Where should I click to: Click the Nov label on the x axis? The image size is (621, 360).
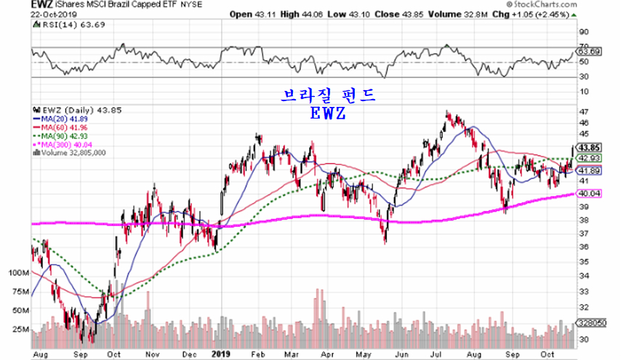152,355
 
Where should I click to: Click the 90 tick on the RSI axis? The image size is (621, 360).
583,32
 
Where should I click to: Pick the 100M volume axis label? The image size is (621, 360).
15,273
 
